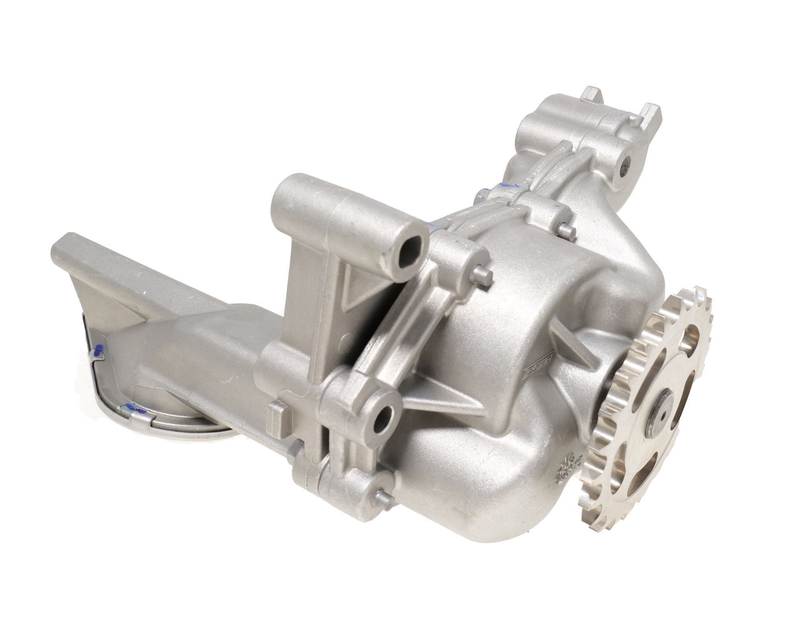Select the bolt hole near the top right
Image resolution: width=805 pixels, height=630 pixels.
[628, 163]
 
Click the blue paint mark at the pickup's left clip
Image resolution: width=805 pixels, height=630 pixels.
[97, 353]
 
